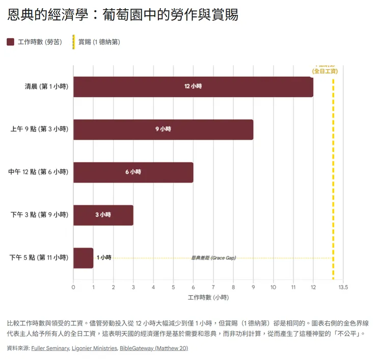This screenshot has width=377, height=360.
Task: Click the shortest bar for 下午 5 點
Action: tap(83, 258)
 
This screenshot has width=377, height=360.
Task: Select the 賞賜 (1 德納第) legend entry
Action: tap(97, 42)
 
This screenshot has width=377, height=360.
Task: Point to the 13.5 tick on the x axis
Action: tap(343, 288)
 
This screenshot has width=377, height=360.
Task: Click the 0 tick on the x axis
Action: tap(73, 288)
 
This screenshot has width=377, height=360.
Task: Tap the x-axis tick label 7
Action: tap(213, 288)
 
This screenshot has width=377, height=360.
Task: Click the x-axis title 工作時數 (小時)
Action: tap(208, 297)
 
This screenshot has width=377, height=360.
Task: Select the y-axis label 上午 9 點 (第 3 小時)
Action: tap(39, 130)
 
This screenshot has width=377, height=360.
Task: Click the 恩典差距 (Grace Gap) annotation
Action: tap(213, 258)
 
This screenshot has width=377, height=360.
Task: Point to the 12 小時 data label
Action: tap(193, 87)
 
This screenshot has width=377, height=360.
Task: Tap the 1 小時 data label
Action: tap(104, 258)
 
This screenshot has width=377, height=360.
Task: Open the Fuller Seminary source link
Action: tap(50, 349)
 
